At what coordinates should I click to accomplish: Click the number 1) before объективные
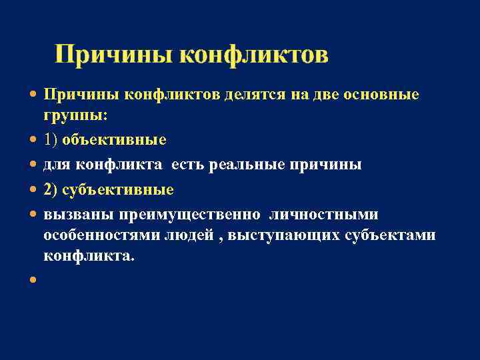point(51,140)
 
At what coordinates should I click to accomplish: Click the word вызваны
point(79,215)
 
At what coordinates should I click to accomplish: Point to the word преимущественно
point(193,215)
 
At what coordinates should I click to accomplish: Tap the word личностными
point(324,215)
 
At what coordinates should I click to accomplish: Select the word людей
point(193,235)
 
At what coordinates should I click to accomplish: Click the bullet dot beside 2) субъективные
point(33,191)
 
